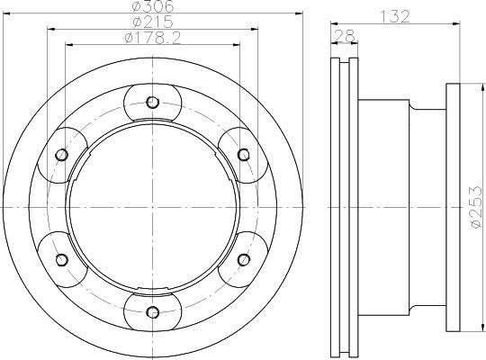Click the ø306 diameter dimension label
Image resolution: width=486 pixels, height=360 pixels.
153,6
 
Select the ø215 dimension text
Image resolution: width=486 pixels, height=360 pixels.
152,22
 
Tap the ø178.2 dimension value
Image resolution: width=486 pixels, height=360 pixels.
152,38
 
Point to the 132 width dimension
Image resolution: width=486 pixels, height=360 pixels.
395,16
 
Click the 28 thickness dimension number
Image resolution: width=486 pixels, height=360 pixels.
343,35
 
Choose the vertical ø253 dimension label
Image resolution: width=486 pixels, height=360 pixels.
477,207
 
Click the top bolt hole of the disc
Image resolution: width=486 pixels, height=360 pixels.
152,102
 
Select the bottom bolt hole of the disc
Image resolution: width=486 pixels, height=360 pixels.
152,312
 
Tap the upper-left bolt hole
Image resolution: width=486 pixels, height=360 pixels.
62,155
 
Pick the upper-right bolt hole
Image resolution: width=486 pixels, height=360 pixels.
244,155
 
